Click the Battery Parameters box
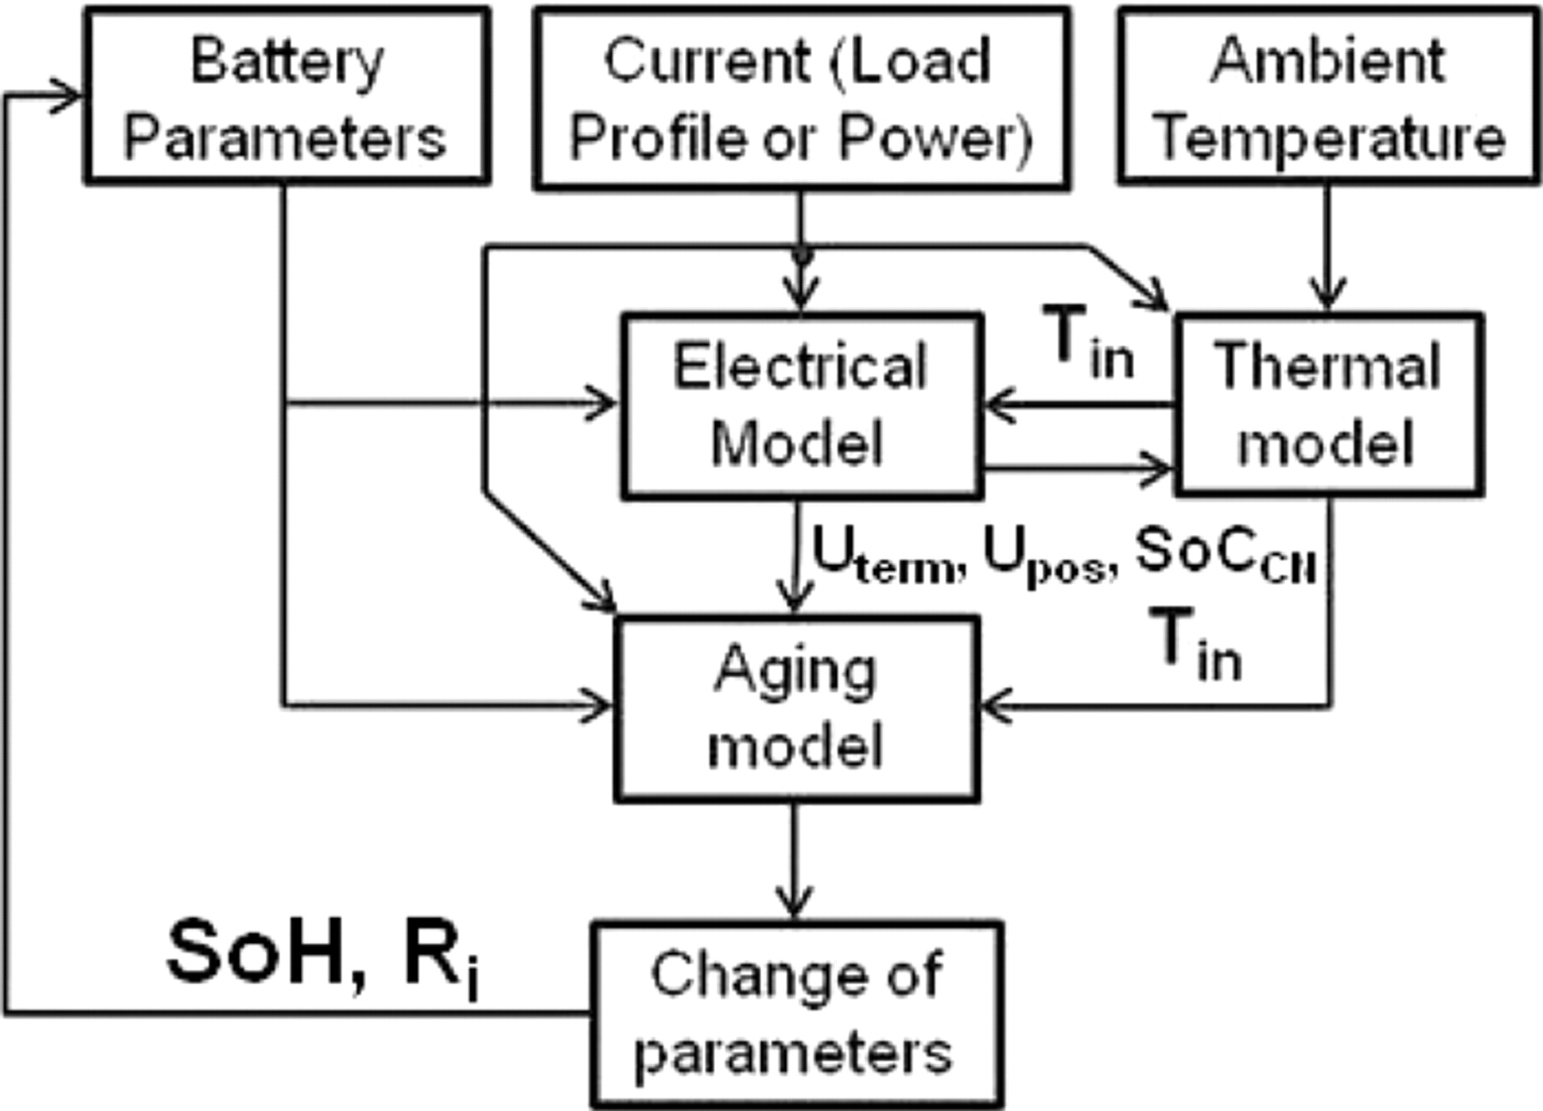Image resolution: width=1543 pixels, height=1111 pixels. point(286,96)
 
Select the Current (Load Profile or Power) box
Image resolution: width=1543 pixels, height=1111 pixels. point(801,98)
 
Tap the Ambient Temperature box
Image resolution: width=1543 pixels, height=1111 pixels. point(1328,96)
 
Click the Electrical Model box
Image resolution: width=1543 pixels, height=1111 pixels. point(801,405)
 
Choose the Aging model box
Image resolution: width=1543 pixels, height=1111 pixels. point(796,708)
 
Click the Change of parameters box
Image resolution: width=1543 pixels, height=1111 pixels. point(796,1014)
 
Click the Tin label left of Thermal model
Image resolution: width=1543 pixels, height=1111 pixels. point(1087,343)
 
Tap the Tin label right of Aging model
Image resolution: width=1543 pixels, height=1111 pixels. point(1196,645)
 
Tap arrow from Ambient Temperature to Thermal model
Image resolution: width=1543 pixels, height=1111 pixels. point(1327,249)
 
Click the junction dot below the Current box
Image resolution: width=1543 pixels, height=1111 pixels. point(802,255)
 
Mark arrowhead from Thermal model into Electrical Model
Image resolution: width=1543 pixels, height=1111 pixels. point(999,405)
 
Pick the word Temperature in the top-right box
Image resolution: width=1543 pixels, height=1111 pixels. point(1328,137)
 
